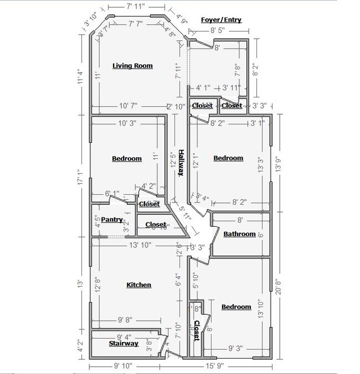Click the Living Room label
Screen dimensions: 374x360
(132, 66)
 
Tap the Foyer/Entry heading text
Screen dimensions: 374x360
(222, 20)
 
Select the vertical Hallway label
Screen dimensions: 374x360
(181, 163)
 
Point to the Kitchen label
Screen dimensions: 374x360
(138, 285)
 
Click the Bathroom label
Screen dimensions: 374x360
(239, 234)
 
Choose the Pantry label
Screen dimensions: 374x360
(111, 220)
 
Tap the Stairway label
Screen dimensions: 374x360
(123, 344)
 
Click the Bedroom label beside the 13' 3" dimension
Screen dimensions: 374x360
(228, 158)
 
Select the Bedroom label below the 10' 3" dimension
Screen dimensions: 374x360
(127, 159)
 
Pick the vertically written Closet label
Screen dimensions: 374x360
(196, 330)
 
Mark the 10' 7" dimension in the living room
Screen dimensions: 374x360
(128, 106)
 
